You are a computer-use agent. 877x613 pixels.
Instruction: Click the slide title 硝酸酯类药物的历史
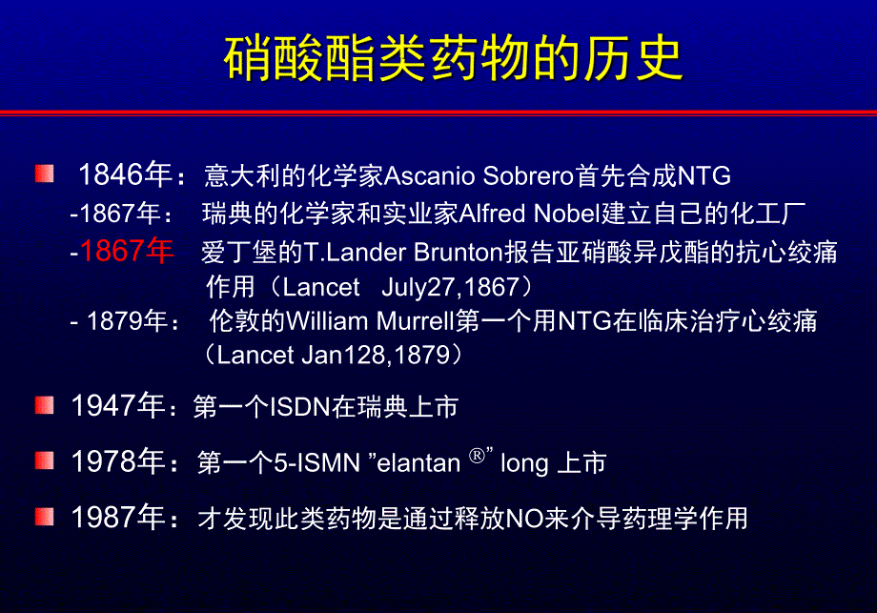[454, 59]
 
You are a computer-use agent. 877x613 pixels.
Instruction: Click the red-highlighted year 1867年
[127, 251]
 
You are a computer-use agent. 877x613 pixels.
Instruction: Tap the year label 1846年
[125, 175]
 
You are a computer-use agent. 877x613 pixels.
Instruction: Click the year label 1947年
[118, 406]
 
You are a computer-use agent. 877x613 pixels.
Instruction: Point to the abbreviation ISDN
[299, 408]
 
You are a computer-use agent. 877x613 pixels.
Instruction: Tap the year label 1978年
[118, 462]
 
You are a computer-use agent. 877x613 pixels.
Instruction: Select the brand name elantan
[418, 464]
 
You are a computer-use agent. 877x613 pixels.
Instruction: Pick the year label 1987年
[118, 519]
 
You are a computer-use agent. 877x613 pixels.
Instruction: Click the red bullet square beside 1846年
[45, 174]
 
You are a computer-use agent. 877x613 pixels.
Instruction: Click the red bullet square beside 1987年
[45, 517]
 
